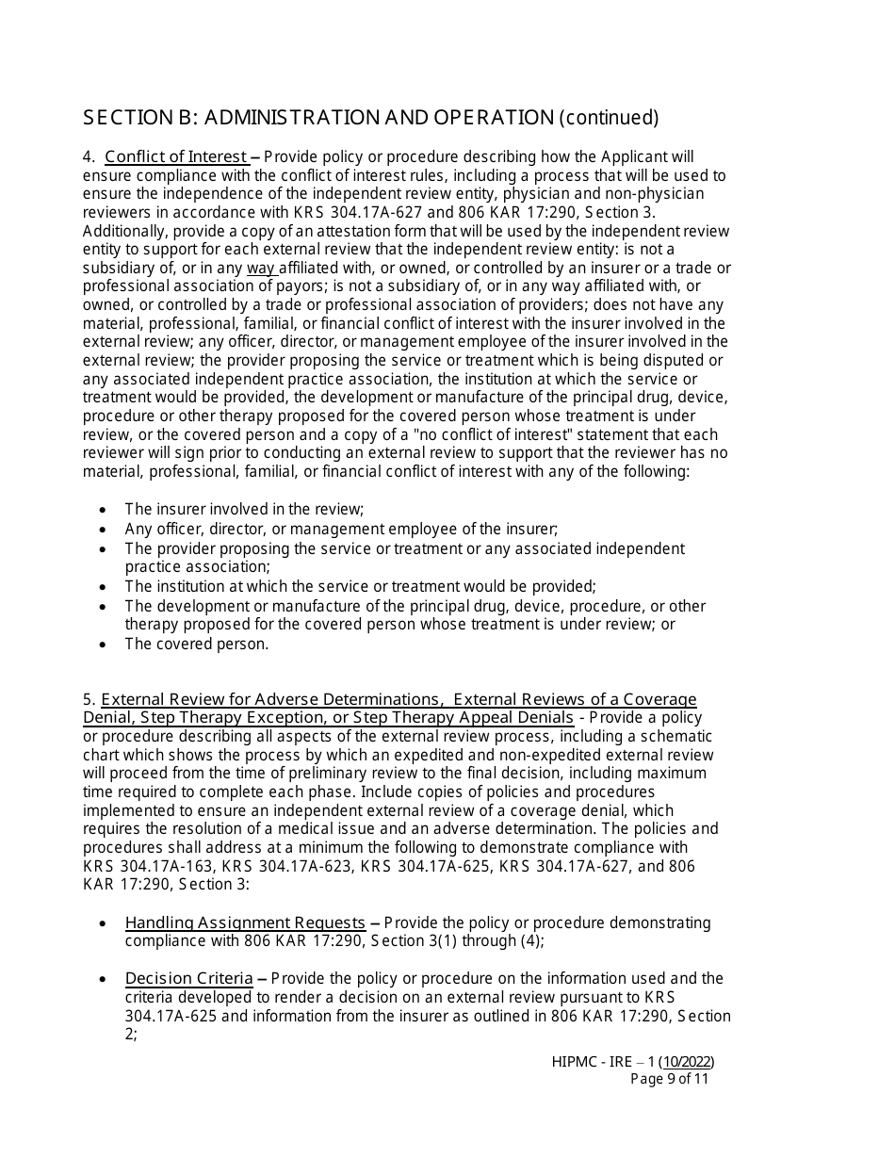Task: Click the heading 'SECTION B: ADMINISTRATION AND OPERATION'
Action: tap(318, 118)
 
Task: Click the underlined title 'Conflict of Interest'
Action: tap(176, 157)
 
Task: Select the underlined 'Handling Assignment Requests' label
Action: tap(245, 922)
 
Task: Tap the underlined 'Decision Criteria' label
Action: tap(188, 978)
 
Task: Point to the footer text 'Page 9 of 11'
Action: tap(669, 1079)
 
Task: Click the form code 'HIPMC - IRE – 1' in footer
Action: tap(601, 1062)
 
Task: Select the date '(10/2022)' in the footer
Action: tap(685, 1062)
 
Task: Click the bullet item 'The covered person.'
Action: tap(197, 645)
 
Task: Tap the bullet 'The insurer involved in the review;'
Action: tap(244, 510)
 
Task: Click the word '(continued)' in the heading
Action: tap(609, 118)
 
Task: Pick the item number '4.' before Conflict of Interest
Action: tap(89, 157)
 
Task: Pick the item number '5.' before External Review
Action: tap(89, 699)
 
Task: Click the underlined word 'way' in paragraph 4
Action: tap(261, 269)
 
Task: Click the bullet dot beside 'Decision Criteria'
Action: tap(104, 979)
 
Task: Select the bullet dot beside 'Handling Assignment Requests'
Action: tap(104, 923)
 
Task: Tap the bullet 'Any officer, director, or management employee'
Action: tap(341, 530)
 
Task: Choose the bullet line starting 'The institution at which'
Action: tap(360, 586)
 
